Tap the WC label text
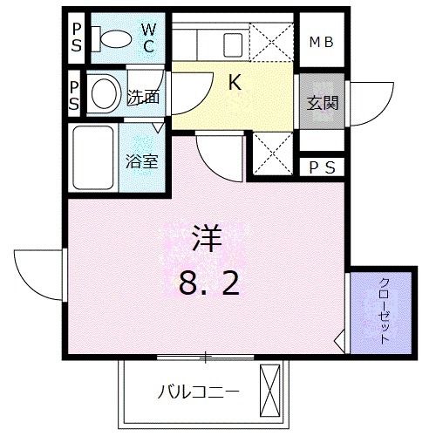[149, 39]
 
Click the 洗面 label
[143, 98]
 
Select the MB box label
[324, 41]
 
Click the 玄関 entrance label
[321, 102]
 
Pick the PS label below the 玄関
[323, 167]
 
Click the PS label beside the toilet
[75, 39]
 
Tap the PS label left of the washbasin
[75, 97]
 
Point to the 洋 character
[207, 240]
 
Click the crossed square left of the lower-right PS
[271, 155]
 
